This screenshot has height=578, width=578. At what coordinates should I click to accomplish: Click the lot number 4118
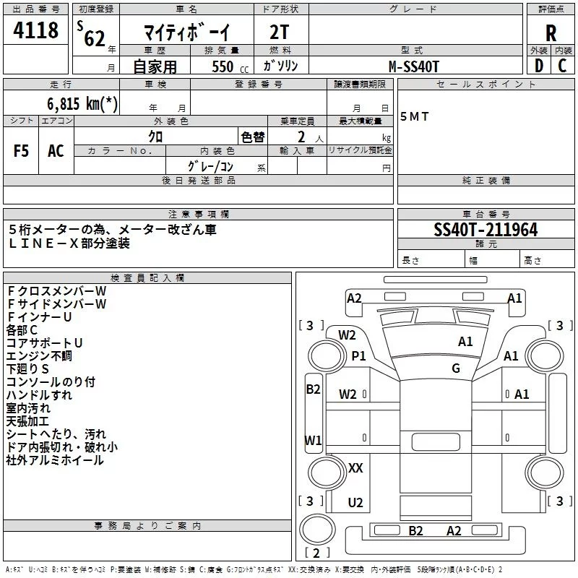pyautogui.click(x=35, y=30)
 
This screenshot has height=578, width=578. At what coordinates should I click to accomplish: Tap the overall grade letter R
pyautogui.click(x=551, y=33)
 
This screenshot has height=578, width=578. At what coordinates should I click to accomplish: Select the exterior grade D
pyautogui.click(x=539, y=66)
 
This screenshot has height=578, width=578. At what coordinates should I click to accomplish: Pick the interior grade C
pyautogui.click(x=562, y=66)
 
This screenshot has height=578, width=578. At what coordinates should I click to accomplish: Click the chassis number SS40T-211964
pyautogui.click(x=486, y=230)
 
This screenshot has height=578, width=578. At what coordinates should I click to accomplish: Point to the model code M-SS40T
pyautogui.click(x=414, y=66)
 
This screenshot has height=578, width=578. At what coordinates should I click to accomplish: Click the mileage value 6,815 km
pyautogui.click(x=82, y=103)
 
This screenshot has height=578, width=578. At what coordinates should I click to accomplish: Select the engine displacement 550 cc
pyautogui.click(x=230, y=67)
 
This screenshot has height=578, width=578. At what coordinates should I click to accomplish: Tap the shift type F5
pyautogui.click(x=21, y=151)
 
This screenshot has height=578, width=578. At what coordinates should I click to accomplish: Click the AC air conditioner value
pyautogui.click(x=56, y=151)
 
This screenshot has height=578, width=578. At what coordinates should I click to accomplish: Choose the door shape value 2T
pyautogui.click(x=279, y=32)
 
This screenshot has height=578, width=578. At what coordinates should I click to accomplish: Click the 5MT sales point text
pyautogui.click(x=414, y=116)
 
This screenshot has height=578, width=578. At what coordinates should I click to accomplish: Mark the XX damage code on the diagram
pyautogui.click(x=355, y=468)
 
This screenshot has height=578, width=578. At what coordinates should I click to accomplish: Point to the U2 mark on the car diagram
pyautogui.click(x=355, y=502)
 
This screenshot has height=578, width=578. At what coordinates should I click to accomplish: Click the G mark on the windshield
pyautogui.click(x=456, y=368)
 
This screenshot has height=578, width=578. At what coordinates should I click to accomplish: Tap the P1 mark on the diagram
pyautogui.click(x=358, y=356)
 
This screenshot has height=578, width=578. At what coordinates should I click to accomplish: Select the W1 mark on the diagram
pyautogui.click(x=313, y=440)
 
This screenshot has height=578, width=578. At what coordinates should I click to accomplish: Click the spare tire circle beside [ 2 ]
pyautogui.click(x=301, y=530)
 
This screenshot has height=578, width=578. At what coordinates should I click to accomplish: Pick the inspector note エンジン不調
pyautogui.click(x=39, y=356)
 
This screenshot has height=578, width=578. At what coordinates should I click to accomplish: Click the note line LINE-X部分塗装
pyautogui.click(x=69, y=243)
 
